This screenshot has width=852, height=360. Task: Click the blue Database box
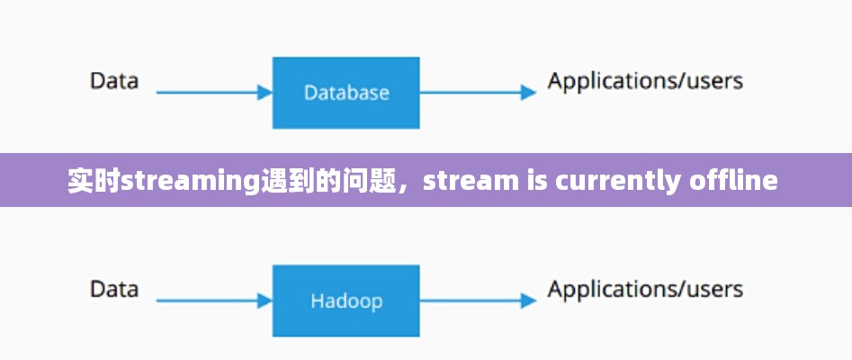click(345, 93)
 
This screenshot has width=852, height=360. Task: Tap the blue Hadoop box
click(345, 301)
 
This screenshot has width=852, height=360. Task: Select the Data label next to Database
click(114, 81)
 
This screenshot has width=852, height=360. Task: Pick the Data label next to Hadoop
click(114, 289)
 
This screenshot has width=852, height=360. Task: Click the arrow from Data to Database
click(212, 92)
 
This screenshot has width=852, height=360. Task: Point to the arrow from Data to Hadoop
click(212, 300)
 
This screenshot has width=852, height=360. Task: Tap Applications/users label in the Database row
click(645, 81)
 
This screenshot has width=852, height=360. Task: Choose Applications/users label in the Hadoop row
click(645, 289)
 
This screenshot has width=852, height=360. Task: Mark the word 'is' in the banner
click(534, 182)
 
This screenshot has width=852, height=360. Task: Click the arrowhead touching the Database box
click(265, 92)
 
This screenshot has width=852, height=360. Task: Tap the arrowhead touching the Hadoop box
click(265, 300)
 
